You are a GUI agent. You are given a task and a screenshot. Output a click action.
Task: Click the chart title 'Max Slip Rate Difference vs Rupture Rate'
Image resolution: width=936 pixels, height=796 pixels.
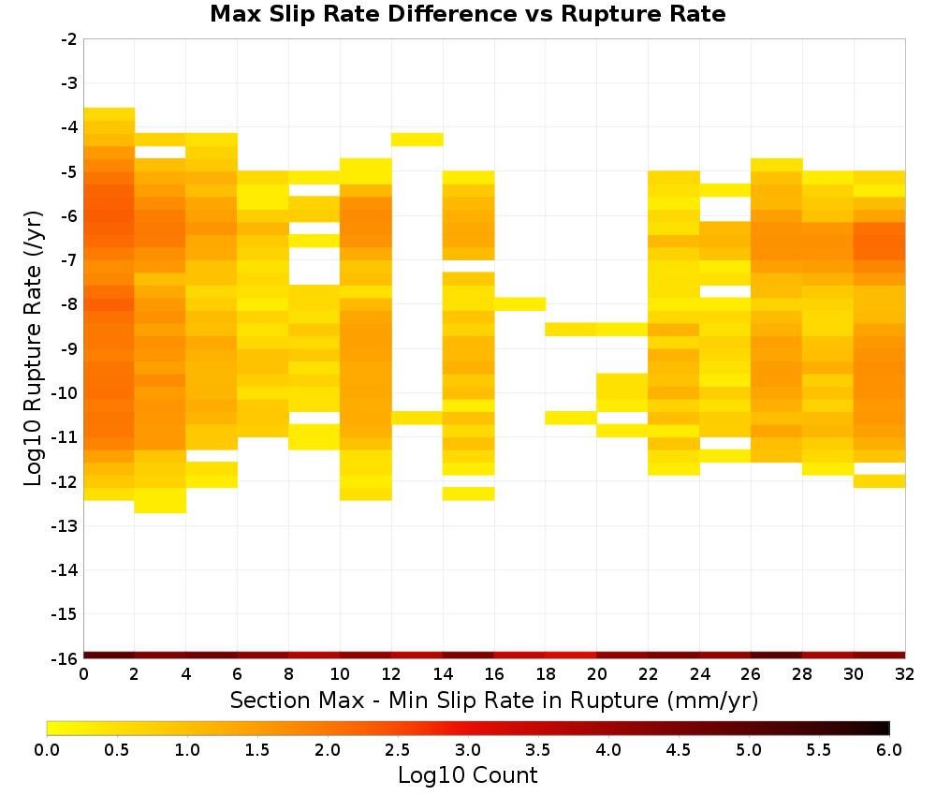pyautogui.click(x=467, y=14)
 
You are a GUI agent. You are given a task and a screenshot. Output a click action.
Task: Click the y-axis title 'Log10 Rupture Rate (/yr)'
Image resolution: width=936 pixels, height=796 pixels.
pyautogui.click(x=34, y=348)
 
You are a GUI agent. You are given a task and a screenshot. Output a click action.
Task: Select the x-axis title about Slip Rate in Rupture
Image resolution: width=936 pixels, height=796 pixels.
pyautogui.click(x=493, y=700)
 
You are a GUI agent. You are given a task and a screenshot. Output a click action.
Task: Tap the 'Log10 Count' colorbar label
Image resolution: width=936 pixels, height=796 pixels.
pyautogui.click(x=467, y=775)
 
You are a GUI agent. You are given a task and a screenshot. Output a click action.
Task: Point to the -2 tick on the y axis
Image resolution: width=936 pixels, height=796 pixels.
pyautogui.click(x=69, y=39)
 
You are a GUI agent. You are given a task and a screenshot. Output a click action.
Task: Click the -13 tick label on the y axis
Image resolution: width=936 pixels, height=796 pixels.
pyautogui.click(x=66, y=526)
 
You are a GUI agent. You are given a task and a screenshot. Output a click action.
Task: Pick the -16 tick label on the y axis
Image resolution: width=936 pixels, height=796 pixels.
pyautogui.click(x=66, y=658)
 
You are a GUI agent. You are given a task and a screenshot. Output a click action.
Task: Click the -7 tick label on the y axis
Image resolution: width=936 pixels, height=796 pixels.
pyautogui.click(x=69, y=260)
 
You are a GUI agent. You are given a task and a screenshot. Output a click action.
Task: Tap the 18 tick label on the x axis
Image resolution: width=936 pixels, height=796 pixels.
pyautogui.click(x=546, y=675)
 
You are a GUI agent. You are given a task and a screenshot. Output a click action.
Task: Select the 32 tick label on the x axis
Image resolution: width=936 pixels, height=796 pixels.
pyautogui.click(x=905, y=675)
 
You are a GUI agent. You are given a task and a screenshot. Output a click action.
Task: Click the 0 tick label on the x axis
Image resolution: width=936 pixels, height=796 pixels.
pyautogui.click(x=83, y=675)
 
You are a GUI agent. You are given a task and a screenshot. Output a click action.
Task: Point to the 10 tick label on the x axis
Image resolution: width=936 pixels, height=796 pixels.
pyautogui.click(x=340, y=675)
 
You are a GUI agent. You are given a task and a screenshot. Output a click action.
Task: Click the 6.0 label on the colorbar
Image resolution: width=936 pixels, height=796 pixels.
pyautogui.click(x=889, y=750)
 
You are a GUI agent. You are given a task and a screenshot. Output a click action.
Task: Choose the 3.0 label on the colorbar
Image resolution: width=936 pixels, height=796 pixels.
pyautogui.click(x=468, y=750)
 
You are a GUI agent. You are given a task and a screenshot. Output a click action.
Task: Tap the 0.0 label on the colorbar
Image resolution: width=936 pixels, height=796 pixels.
pyautogui.click(x=47, y=750)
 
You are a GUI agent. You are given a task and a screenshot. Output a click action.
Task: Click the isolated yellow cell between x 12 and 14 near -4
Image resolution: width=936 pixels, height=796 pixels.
pyautogui.click(x=417, y=140)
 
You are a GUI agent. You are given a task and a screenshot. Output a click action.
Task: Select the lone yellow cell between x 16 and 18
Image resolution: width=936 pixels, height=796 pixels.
pyautogui.click(x=519, y=304)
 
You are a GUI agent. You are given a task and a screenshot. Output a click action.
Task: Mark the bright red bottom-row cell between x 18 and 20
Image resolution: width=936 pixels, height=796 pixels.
pyautogui.click(x=571, y=656)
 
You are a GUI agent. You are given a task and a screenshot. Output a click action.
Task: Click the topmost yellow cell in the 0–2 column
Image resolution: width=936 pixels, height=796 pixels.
pyautogui.click(x=110, y=114)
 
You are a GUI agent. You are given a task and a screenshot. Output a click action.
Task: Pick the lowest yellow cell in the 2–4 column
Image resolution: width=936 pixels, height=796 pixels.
pyautogui.click(x=161, y=500)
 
